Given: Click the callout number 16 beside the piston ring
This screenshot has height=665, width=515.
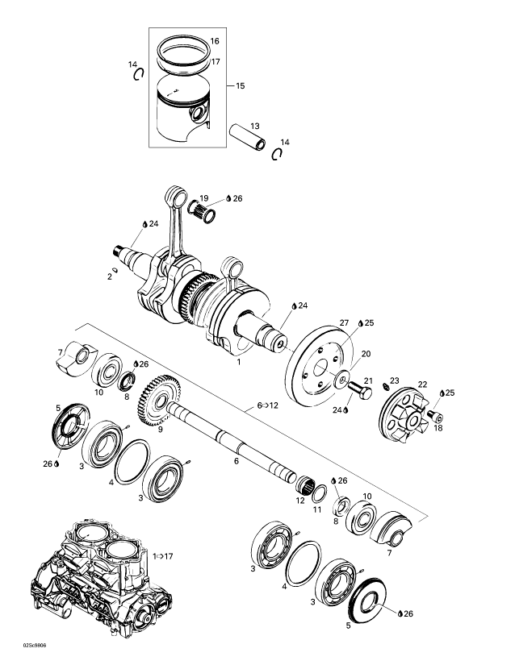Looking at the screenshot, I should click(215, 41).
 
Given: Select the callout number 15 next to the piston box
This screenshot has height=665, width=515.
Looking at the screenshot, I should click(241, 85).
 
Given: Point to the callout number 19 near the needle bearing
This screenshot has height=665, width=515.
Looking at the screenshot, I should click(204, 198).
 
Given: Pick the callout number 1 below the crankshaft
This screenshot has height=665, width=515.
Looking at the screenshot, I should click(238, 364).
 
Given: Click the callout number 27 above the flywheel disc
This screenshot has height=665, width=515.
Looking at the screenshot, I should click(343, 322).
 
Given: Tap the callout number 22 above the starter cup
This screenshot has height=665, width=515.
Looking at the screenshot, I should click(423, 384).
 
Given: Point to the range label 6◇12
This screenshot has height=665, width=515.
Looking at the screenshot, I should click(269, 405).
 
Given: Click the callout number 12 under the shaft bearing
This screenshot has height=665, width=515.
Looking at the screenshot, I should click(300, 501).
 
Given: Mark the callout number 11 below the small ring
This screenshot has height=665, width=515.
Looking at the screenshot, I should click(317, 510).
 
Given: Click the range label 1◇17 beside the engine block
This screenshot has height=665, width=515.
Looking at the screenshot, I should click(165, 556).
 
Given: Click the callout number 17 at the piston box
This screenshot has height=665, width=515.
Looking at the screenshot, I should click(216, 61).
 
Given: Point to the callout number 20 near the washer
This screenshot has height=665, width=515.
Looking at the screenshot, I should click(343, 354).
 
